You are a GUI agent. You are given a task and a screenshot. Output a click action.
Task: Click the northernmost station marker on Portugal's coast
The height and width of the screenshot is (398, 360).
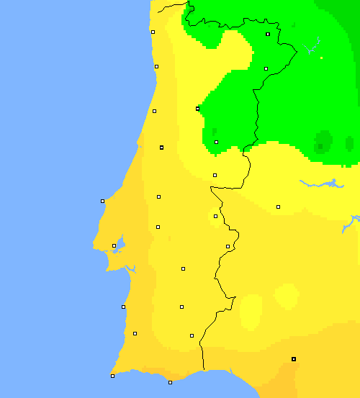pyautogui.click(x=153, y=32)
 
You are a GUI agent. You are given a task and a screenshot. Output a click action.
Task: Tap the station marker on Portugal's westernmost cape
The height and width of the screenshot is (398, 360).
pyautogui.click(x=102, y=201)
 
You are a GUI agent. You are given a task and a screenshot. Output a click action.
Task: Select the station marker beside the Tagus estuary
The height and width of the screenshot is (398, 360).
pyautogui.click(x=114, y=245)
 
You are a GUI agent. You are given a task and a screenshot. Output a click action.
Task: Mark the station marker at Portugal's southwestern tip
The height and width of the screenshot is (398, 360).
pyautogui.click(x=112, y=376)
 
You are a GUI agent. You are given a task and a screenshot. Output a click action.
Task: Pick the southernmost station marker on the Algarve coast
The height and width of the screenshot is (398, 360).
pyautogui.click(x=170, y=382)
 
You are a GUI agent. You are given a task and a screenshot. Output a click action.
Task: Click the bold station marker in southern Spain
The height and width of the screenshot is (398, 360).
pyautogui.click(x=294, y=358)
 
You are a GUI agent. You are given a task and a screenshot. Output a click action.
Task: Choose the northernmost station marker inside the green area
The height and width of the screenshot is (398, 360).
pyautogui.click(x=268, y=34)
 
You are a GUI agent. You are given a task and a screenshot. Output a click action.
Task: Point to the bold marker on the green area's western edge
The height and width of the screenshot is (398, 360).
pyautogui.click(x=197, y=109)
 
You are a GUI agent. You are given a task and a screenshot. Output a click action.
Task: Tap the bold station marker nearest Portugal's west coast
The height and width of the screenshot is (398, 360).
pyautogui.click(x=162, y=148)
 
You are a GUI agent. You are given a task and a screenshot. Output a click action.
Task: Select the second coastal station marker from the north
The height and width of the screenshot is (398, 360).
pyautogui.click(x=156, y=66)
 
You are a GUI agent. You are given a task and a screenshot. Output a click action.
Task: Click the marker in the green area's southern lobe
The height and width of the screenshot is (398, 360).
pyautogui.click(x=216, y=142)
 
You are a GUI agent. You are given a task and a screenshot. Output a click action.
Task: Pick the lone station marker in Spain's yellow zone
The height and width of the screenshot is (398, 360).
pyautogui.click(x=278, y=207)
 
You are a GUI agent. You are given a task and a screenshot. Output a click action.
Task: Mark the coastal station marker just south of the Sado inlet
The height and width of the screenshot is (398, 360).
pyautogui.click(x=123, y=307)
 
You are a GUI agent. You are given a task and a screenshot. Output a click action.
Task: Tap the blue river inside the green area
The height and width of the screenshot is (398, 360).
pyautogui.click(x=312, y=48)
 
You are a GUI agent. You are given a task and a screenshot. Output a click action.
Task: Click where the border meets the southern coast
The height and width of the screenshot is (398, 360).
pyautogui.click(x=204, y=370)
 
